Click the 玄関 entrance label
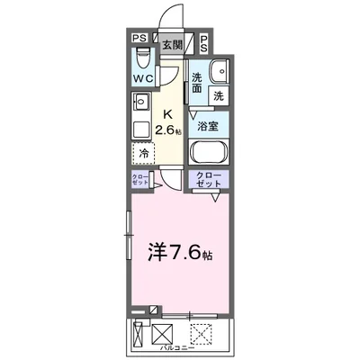171,42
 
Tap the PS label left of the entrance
139,39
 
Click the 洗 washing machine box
219,95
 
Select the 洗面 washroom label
197,83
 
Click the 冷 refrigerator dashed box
144,153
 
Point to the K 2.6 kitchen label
169,122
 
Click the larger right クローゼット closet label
209,180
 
